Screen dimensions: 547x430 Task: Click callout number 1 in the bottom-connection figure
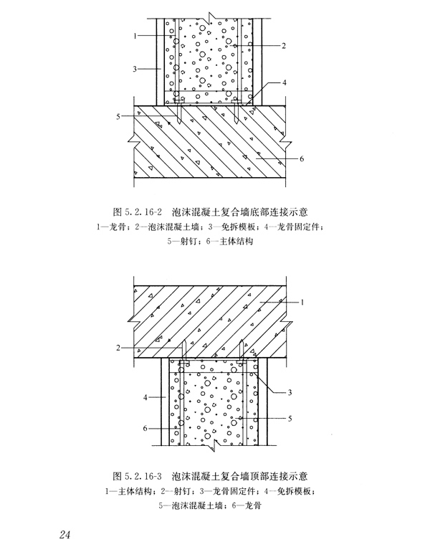135,34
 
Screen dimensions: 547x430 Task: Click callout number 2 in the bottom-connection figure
285,47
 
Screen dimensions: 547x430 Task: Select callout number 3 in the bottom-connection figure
135,69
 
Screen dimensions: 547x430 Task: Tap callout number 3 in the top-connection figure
290,392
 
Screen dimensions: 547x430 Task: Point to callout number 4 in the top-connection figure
144,395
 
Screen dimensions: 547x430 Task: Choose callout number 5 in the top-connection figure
290,418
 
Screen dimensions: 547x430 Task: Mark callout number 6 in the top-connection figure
145,428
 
